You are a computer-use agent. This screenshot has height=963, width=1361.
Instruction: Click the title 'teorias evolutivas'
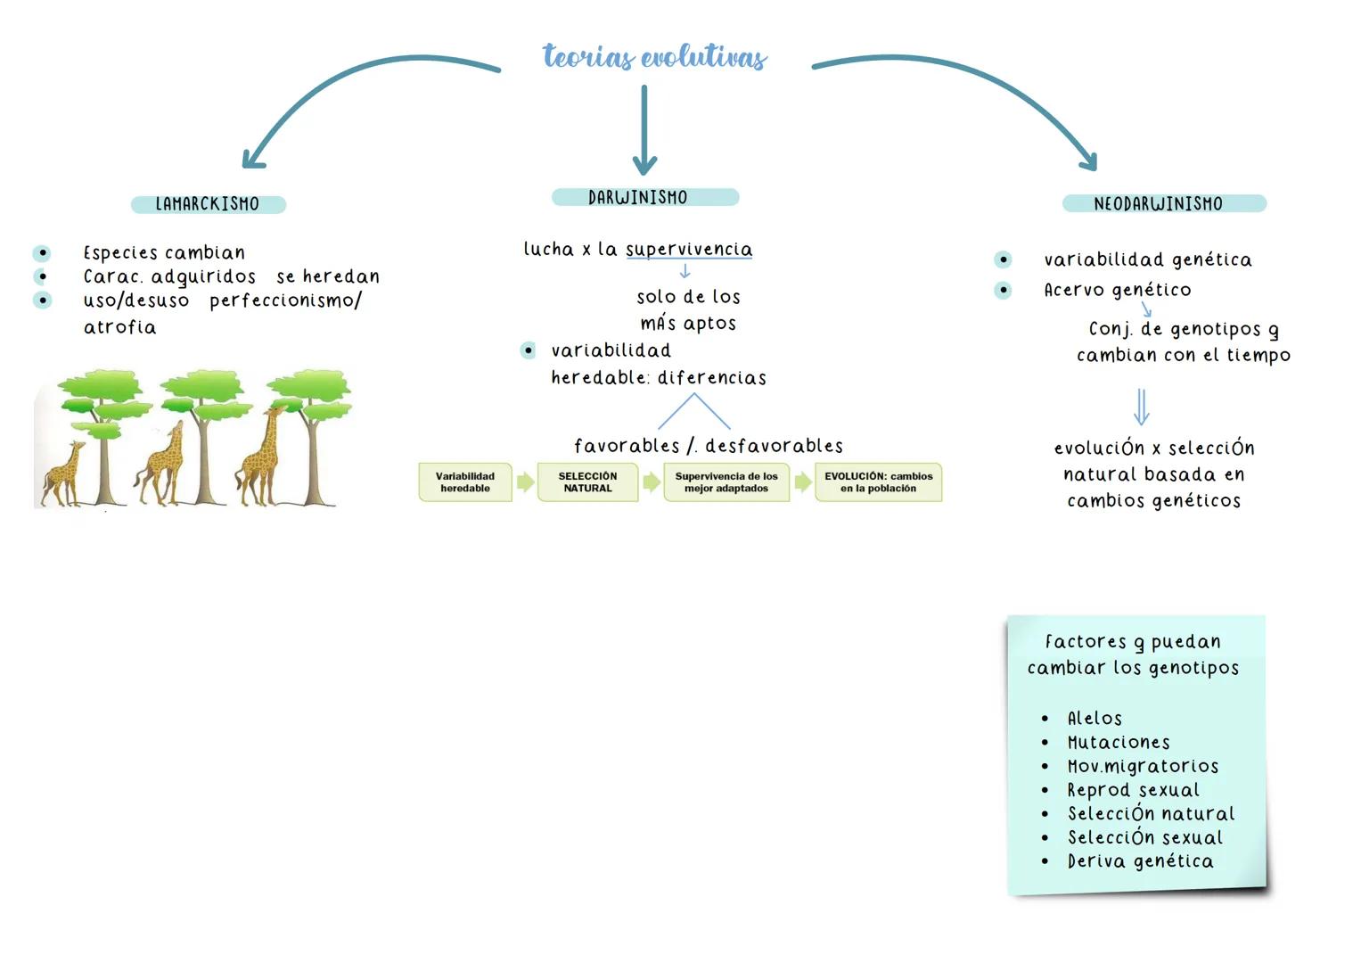click(654, 57)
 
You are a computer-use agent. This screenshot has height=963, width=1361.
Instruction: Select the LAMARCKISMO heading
click(208, 204)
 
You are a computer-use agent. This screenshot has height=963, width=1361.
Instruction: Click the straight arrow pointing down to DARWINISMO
click(644, 130)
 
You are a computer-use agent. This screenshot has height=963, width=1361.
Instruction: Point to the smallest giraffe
click(62, 473)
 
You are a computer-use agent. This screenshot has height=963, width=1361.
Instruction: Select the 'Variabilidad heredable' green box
click(465, 482)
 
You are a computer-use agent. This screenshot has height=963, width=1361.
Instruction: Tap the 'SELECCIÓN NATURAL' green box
click(587, 482)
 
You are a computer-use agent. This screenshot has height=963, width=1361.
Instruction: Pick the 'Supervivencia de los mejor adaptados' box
click(726, 482)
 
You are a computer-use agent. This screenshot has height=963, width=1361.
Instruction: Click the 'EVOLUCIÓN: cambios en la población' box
click(878, 482)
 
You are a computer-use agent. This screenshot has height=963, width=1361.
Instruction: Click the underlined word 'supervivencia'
click(689, 250)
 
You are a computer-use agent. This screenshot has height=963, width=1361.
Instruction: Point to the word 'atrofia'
click(119, 327)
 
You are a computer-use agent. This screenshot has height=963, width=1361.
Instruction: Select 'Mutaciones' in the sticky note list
click(1119, 742)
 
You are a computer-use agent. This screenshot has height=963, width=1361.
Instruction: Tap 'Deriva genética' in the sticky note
click(1140, 861)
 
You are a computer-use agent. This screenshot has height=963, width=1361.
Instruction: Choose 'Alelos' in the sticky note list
click(1095, 718)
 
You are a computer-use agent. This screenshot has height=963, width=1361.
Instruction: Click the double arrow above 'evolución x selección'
click(1141, 407)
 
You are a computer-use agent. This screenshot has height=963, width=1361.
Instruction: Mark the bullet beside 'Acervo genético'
click(1003, 290)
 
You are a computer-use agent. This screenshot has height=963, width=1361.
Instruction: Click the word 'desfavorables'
click(774, 445)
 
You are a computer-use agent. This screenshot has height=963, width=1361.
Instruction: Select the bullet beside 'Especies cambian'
click(42, 253)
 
